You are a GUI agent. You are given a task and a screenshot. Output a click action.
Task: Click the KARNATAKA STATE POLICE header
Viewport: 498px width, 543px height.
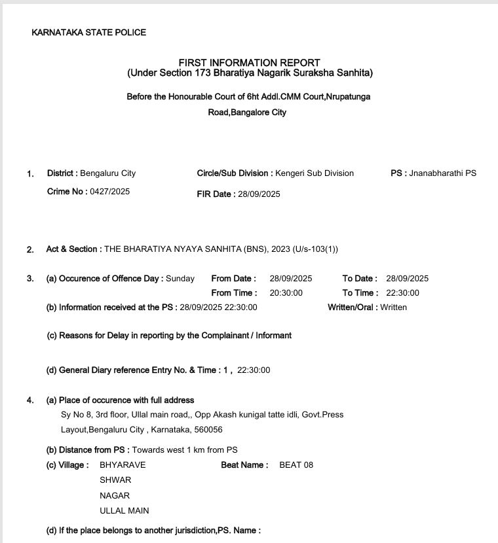click(x=89, y=33)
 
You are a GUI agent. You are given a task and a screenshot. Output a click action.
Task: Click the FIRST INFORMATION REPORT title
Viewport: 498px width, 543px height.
click(x=249, y=63)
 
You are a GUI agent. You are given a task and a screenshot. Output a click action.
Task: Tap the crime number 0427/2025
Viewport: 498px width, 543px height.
click(x=109, y=192)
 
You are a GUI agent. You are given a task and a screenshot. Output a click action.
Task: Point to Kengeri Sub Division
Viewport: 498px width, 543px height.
click(x=315, y=173)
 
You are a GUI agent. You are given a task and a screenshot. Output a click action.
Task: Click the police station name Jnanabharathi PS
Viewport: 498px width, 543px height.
click(x=443, y=173)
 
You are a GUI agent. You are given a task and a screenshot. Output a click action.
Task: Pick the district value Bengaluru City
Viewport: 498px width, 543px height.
click(x=107, y=173)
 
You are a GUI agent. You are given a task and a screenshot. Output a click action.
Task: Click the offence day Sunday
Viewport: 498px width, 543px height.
click(x=180, y=279)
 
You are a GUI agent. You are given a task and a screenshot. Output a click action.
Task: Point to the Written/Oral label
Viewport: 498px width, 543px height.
click(x=352, y=307)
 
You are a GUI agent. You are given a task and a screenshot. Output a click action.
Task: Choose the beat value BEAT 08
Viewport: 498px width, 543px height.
click(x=296, y=465)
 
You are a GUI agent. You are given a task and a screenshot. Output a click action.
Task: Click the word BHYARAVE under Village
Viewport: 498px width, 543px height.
click(x=123, y=465)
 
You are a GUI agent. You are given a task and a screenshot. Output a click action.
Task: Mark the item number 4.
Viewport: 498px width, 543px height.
click(x=29, y=400)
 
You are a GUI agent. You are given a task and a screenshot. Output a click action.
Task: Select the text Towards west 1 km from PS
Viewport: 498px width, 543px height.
click(x=185, y=450)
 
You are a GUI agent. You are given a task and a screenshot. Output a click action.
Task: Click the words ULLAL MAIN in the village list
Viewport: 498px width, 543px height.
click(x=124, y=510)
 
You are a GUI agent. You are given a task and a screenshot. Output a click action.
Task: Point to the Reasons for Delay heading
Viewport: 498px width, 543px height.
click(x=169, y=336)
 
